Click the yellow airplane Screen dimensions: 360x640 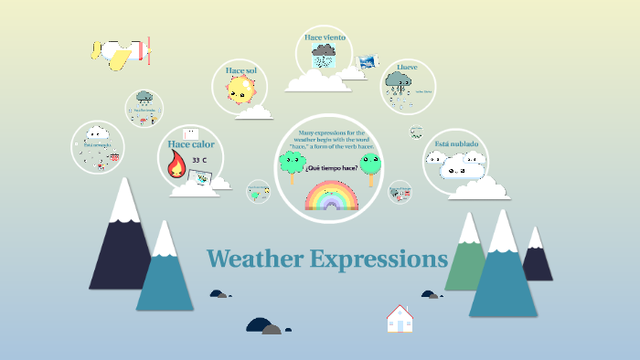120,53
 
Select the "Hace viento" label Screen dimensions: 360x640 325,38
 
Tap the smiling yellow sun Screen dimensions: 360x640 240,90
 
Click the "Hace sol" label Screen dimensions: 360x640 241,70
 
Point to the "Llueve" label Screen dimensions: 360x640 407,67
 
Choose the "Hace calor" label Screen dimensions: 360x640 191,144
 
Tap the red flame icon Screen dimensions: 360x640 176,165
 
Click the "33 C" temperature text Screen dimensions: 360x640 199,160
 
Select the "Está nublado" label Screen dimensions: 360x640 456,144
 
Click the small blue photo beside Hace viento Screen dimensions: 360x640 368,61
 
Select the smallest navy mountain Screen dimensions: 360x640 537,260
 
